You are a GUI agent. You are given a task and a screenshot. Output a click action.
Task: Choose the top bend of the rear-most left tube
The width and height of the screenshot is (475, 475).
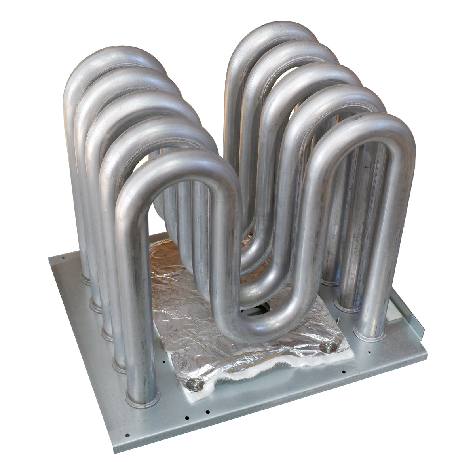point(115,59)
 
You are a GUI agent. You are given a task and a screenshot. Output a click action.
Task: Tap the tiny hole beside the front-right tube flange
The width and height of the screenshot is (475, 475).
point(369,351)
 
